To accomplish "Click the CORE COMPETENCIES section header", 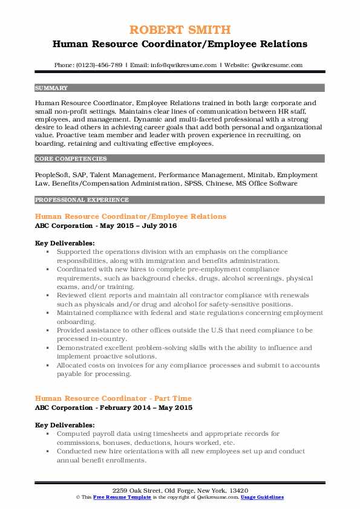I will [x=63, y=159].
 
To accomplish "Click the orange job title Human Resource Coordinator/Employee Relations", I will [x=131, y=216].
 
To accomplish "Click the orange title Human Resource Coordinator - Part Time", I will [x=113, y=398].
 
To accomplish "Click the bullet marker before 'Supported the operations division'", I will [x=47, y=251].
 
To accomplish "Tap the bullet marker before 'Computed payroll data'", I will [x=47, y=434].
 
